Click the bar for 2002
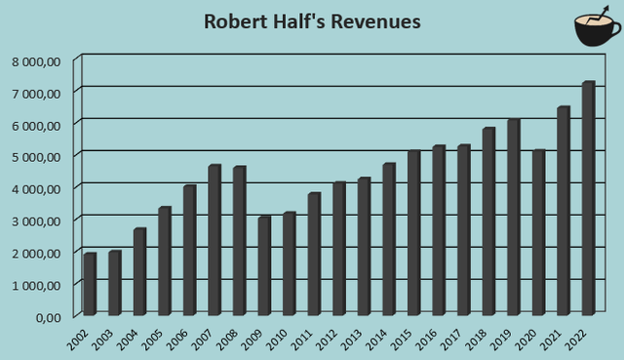[x=90, y=284]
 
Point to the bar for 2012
[x=339, y=248]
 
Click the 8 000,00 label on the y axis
[x=37, y=60]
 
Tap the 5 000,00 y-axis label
[x=37, y=156]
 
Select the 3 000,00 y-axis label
[x=37, y=220]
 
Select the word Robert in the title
[x=234, y=21]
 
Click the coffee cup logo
[x=595, y=31]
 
